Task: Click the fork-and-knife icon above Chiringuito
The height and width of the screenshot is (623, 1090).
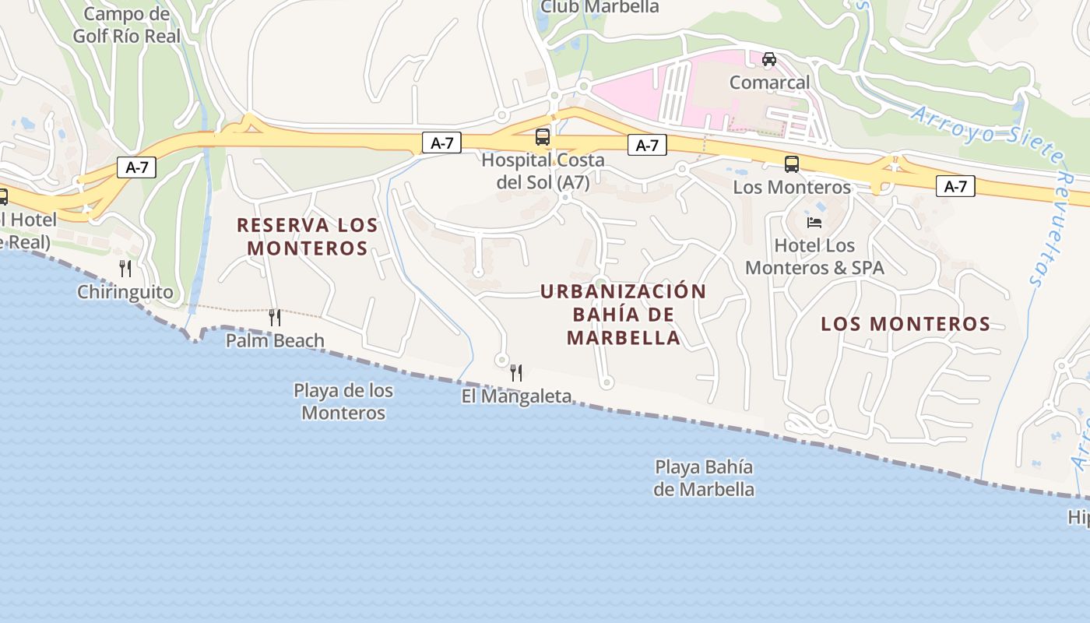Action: pos(125,269)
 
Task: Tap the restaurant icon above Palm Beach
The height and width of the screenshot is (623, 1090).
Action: pos(274,318)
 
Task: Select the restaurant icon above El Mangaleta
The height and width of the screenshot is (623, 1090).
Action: pos(515,373)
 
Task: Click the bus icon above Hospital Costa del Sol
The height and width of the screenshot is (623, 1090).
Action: pos(543,138)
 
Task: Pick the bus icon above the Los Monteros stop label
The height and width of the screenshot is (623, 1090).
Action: pos(792,164)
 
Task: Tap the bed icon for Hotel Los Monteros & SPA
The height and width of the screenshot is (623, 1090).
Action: pos(814,223)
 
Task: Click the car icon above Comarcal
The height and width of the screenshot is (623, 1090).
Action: pos(769,59)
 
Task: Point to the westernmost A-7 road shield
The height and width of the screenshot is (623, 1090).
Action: pos(136,167)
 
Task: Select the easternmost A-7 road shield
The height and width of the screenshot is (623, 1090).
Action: pos(955,186)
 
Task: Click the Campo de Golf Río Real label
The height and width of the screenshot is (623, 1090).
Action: pos(126,25)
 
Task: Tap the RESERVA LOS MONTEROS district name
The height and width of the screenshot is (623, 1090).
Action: pos(307,237)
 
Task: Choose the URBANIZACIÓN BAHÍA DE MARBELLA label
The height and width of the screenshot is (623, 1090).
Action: pos(624,315)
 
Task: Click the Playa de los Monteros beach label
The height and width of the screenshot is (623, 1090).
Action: pos(343,401)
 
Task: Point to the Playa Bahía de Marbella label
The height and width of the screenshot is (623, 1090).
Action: pos(704,478)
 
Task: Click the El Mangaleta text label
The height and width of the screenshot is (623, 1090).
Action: pos(516,396)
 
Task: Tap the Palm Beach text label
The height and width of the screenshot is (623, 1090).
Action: pos(275,340)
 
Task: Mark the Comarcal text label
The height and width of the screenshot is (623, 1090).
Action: pos(769,82)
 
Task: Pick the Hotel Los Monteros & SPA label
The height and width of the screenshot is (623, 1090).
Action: pos(814,256)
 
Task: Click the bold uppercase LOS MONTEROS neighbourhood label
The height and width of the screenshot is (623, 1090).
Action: pos(905,324)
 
